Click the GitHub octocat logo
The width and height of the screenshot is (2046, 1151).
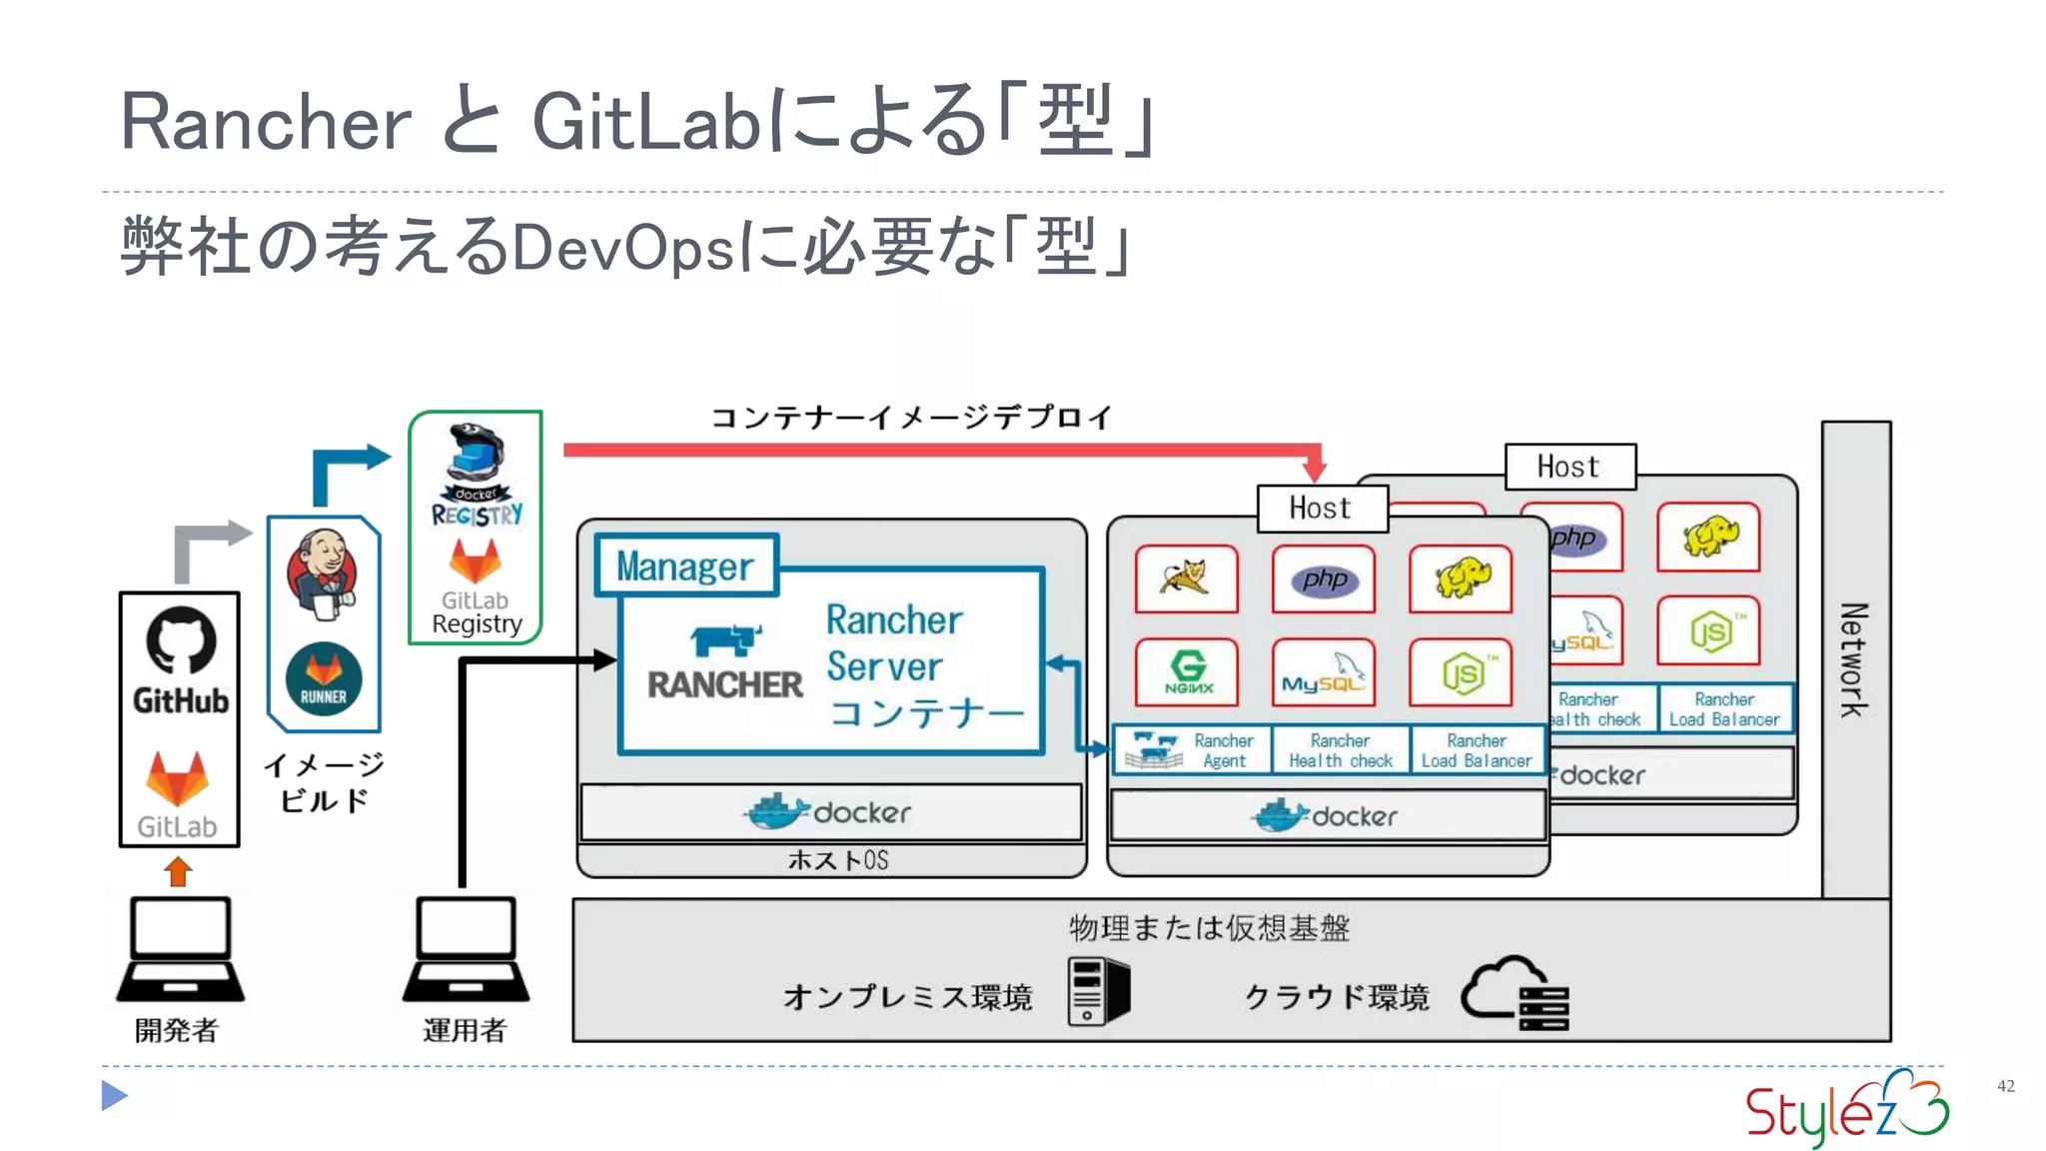point(181,640)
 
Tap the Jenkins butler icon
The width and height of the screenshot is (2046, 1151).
point(322,575)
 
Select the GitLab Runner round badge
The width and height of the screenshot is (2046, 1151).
point(323,679)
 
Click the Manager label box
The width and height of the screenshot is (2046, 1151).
point(685,567)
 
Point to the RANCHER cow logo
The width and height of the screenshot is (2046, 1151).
point(725,640)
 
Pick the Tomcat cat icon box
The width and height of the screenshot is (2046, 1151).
point(1187,578)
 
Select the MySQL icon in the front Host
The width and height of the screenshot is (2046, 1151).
point(1323,672)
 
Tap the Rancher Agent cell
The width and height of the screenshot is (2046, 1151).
point(1193,750)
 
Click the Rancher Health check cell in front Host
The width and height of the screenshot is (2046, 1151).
point(1341,750)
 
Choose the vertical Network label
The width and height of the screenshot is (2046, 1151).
point(1855,659)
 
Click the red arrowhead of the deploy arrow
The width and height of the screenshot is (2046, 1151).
point(1315,468)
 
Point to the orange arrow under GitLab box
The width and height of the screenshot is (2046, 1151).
point(179,871)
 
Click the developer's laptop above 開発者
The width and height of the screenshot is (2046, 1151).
point(181,950)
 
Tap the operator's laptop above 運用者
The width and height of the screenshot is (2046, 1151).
point(467,950)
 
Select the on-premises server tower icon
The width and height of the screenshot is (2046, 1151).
point(1097,991)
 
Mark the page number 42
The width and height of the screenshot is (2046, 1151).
point(2005,1086)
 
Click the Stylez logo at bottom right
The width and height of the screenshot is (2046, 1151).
point(1846,1109)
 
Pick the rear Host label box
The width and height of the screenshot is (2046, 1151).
point(1569,467)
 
